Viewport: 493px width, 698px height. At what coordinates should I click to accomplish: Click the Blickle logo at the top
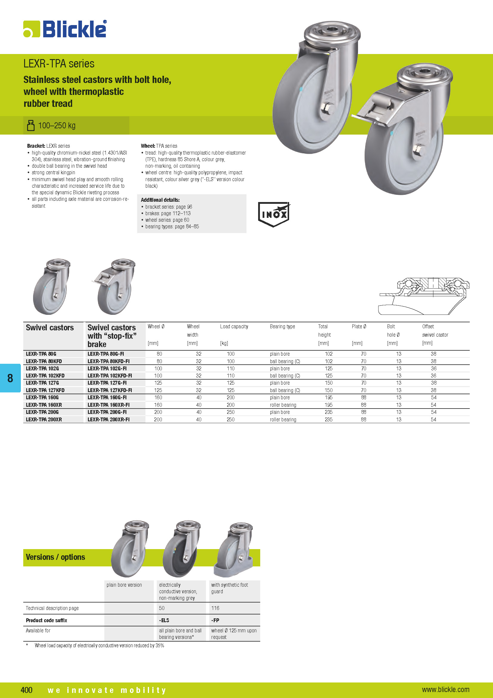(65, 29)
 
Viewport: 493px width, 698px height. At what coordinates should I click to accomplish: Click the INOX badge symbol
(274, 214)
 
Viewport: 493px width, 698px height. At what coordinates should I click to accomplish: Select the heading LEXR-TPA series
(59, 64)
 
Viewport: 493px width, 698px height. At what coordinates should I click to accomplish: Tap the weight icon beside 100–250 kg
(31, 125)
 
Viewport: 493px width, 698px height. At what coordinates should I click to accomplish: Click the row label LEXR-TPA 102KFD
(45, 376)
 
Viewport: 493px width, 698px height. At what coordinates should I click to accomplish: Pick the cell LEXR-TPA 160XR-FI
(108, 405)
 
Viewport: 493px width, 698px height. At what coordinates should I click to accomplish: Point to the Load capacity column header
(234, 326)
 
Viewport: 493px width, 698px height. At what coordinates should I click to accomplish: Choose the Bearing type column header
(282, 326)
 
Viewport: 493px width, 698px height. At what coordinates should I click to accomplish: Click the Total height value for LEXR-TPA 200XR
(328, 420)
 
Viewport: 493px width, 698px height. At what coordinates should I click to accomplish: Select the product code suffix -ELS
(164, 620)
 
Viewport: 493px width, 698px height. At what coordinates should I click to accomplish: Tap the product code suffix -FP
(215, 620)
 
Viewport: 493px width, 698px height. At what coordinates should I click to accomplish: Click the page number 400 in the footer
(27, 690)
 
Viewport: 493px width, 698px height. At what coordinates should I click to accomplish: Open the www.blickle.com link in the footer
(445, 689)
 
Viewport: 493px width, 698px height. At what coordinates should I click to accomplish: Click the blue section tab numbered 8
(10, 378)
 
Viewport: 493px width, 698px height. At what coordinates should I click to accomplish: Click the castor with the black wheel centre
(181, 549)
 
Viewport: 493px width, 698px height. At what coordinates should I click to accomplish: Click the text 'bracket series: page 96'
(168, 207)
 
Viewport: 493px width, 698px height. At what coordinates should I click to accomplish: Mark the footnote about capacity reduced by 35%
(99, 645)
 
